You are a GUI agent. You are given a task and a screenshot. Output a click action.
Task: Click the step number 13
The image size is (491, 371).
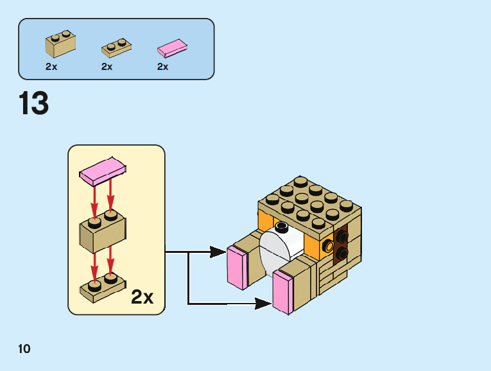34,103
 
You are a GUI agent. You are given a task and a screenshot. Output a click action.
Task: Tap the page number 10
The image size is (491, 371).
24,349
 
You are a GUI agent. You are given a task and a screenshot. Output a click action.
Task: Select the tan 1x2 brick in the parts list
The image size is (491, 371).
60,44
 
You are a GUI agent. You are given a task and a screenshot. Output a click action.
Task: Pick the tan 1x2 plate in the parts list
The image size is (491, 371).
116,47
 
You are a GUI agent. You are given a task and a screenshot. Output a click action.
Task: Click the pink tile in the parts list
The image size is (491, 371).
173,48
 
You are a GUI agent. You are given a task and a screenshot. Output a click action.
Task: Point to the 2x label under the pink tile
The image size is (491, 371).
162,67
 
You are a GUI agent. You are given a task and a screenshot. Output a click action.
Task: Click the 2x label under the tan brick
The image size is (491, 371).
51,67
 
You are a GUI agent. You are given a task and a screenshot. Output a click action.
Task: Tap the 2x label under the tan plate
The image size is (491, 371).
107,67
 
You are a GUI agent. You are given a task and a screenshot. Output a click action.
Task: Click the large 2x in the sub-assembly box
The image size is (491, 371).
142,297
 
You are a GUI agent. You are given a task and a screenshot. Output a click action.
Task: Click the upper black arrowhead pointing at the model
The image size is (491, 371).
218,252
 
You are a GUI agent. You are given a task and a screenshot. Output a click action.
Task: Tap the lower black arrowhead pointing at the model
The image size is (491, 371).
263,303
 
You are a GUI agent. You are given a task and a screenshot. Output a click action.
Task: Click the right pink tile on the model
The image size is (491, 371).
283,293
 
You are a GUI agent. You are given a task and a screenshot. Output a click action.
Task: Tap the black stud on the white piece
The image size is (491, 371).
281,227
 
